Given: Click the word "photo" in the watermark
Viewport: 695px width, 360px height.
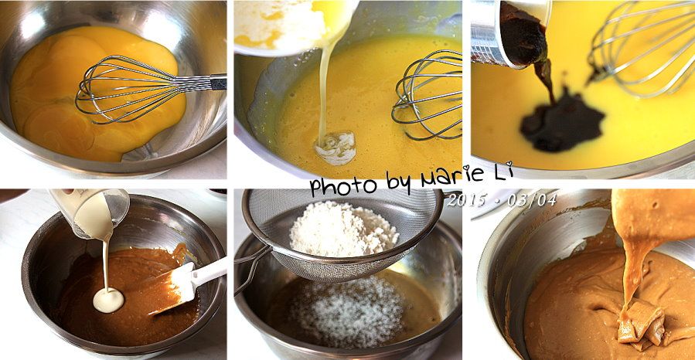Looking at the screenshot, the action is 343,186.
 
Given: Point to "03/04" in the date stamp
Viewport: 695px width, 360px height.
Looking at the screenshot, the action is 531,200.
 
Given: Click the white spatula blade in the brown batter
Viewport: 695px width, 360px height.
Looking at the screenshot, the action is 174,288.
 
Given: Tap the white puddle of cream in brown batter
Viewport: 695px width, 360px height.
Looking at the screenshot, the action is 108,301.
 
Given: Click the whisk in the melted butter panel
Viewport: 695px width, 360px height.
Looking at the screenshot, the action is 427,94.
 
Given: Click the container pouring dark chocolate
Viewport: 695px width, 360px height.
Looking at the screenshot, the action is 509,32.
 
